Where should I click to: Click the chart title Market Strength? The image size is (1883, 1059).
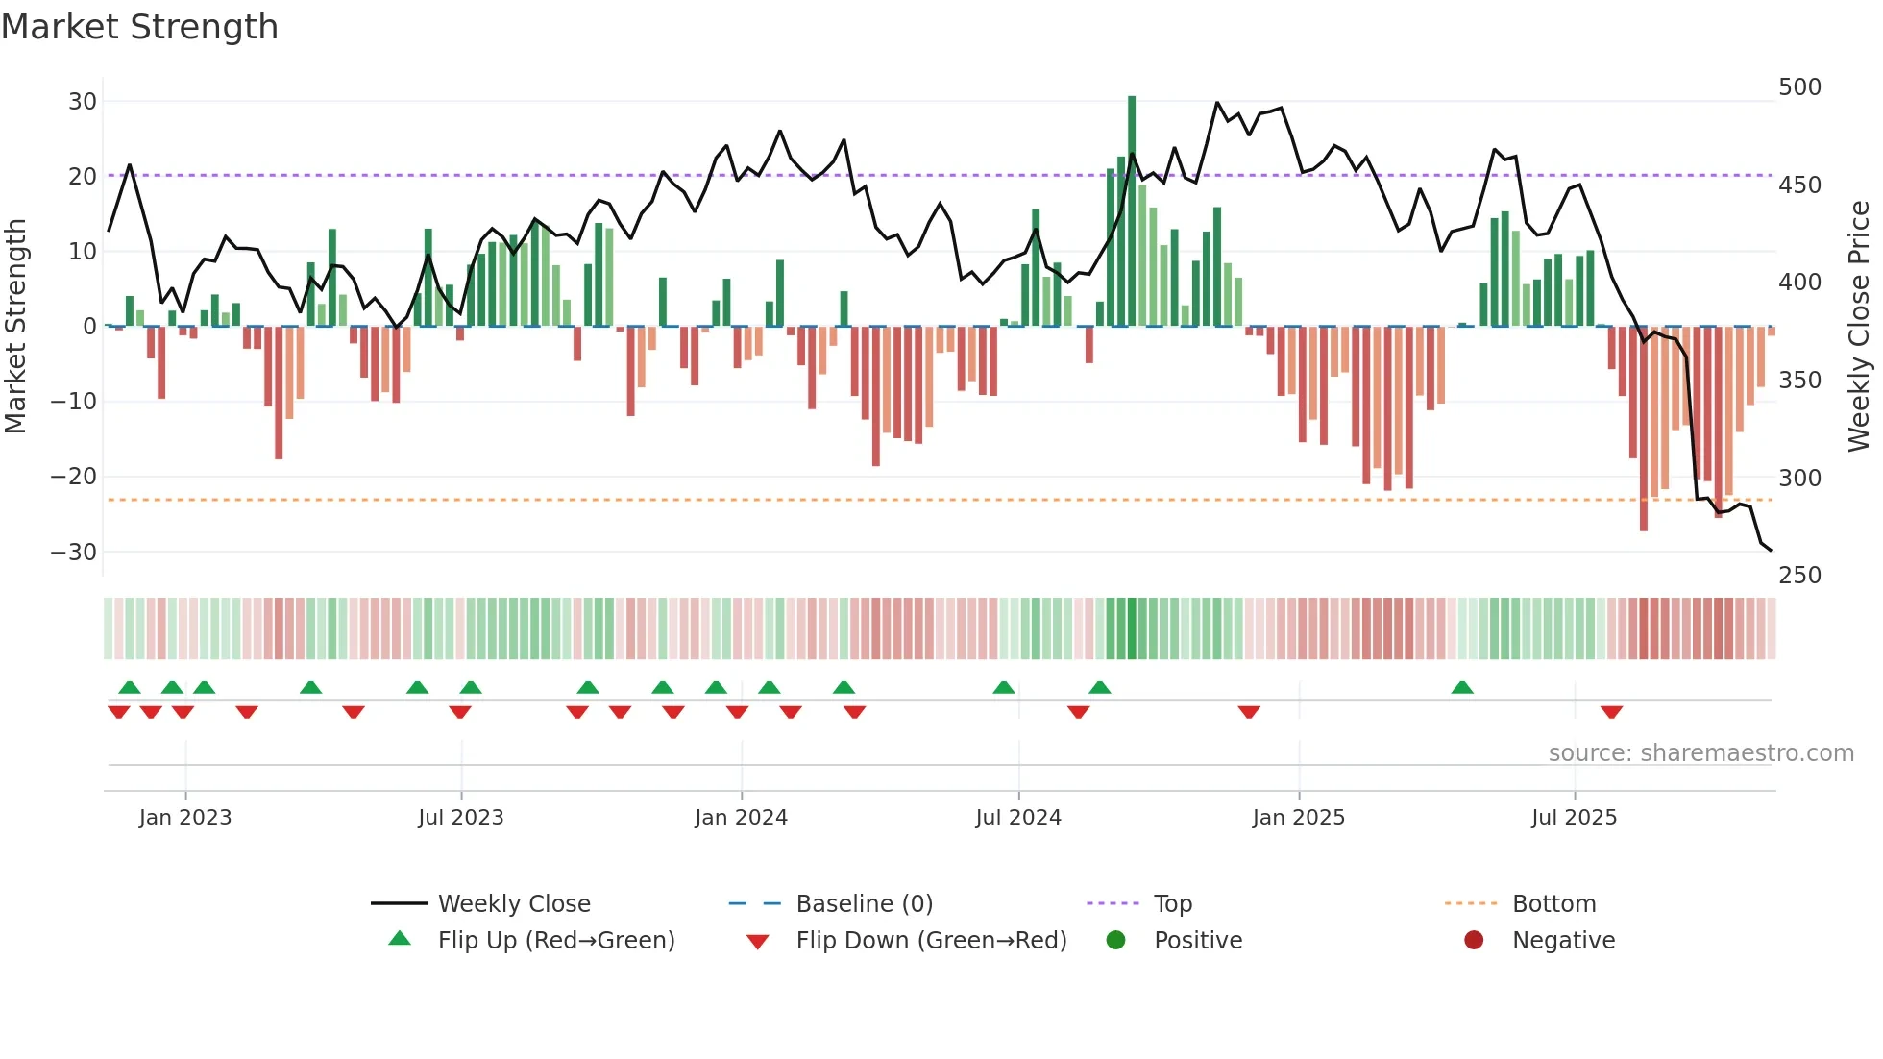[x=139, y=27]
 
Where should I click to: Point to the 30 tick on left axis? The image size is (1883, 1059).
[x=83, y=102]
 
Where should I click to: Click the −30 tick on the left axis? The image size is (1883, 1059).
[x=74, y=553]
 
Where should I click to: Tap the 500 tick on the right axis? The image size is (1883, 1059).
[x=1799, y=87]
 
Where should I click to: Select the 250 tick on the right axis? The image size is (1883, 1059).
[x=1799, y=576]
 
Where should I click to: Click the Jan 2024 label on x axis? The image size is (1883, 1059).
[x=741, y=818]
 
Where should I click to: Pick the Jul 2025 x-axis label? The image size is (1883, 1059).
[x=1574, y=818]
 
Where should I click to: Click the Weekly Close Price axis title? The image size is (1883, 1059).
[x=1859, y=327]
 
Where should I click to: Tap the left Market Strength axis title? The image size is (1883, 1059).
[x=16, y=327]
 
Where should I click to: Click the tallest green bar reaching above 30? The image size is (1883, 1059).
[x=1132, y=211]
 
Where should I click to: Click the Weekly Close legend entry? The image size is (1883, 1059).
[x=514, y=904]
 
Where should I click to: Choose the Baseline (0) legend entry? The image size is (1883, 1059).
[x=864, y=904]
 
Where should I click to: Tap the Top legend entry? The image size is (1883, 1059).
[x=1172, y=904]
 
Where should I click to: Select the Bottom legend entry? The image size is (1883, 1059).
[x=1553, y=904]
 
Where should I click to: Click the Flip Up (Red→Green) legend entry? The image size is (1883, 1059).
[x=555, y=941]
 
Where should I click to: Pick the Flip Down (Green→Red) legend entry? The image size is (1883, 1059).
[x=930, y=941]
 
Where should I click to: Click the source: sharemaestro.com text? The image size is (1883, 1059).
[x=1700, y=753]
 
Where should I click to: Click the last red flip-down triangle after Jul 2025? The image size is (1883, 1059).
[x=1611, y=712]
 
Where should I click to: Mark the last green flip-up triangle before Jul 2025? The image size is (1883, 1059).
[x=1462, y=688]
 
